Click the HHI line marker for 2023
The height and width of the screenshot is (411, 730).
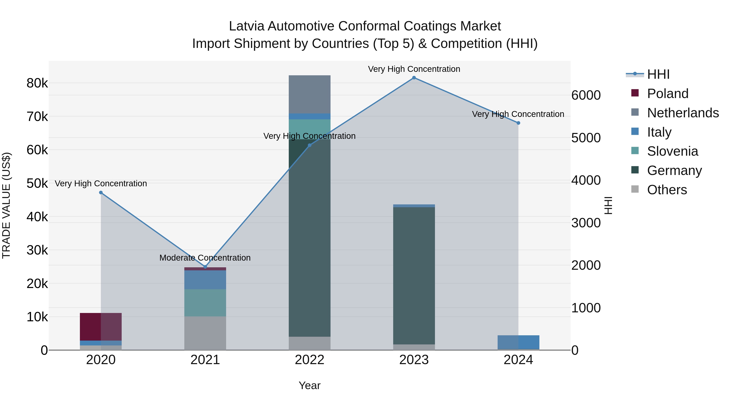tap(414, 78)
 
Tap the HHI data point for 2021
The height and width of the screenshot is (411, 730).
tap(205, 267)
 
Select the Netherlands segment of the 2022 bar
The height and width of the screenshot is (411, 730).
tap(309, 94)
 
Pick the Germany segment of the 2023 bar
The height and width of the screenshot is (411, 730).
tap(414, 275)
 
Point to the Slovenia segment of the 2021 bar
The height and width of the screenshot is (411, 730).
tap(205, 303)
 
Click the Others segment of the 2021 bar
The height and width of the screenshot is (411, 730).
tap(205, 333)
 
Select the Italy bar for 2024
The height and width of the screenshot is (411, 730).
tap(518, 342)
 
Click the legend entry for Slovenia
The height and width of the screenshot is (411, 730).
tap(672, 151)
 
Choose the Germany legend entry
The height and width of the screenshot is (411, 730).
tap(674, 170)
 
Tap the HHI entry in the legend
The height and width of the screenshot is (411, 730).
tap(658, 74)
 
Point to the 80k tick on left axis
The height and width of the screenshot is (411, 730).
tap(37, 83)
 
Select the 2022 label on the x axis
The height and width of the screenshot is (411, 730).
tap(309, 360)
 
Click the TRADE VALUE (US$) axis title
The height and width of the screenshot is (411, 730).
tap(6, 205)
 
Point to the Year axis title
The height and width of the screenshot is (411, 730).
tap(309, 385)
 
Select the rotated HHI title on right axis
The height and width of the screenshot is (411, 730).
tap(608, 205)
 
